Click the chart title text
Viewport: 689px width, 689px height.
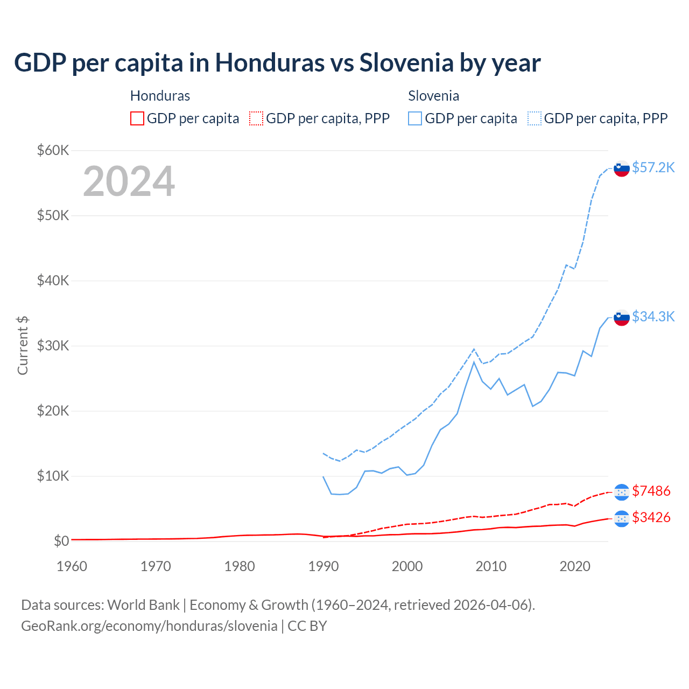pyautogui.click(x=277, y=63)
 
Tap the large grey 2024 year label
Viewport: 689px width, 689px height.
pyautogui.click(x=129, y=181)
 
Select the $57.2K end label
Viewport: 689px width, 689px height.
pyautogui.click(x=653, y=167)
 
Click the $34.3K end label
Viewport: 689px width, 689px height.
pyautogui.click(x=653, y=317)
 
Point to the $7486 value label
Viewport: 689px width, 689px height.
pyautogui.click(x=651, y=491)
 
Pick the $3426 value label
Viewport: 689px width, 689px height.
pyautogui.click(x=651, y=517)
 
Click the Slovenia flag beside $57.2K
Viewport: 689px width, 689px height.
pyautogui.click(x=622, y=168)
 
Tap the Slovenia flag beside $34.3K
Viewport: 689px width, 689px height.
pyautogui.click(x=622, y=318)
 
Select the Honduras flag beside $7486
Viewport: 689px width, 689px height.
pyautogui.click(x=622, y=492)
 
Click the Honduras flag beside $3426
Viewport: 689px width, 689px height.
pyautogui.click(x=622, y=518)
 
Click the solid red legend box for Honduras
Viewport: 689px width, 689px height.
pyautogui.click(x=137, y=118)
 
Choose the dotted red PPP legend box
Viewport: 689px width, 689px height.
pyautogui.click(x=256, y=118)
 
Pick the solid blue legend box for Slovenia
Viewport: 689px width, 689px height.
pyautogui.click(x=415, y=118)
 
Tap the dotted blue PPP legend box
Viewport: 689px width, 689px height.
pyautogui.click(x=535, y=118)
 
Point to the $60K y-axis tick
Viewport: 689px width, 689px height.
pyautogui.click(x=53, y=150)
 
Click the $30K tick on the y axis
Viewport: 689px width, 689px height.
pyautogui.click(x=53, y=346)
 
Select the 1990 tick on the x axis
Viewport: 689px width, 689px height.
pyautogui.click(x=324, y=566)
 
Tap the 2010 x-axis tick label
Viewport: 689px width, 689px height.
pyautogui.click(x=491, y=566)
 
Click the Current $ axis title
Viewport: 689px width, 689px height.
pyautogui.click(x=23, y=346)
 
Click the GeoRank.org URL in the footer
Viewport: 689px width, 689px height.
pyautogui.click(x=149, y=626)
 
